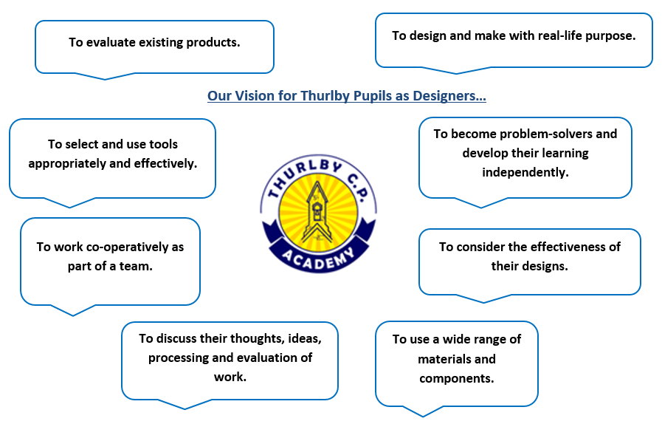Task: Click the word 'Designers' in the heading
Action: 446,96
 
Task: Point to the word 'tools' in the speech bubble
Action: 163,144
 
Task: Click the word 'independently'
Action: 525,172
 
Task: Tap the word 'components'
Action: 456,378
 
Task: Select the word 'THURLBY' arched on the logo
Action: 303,174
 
